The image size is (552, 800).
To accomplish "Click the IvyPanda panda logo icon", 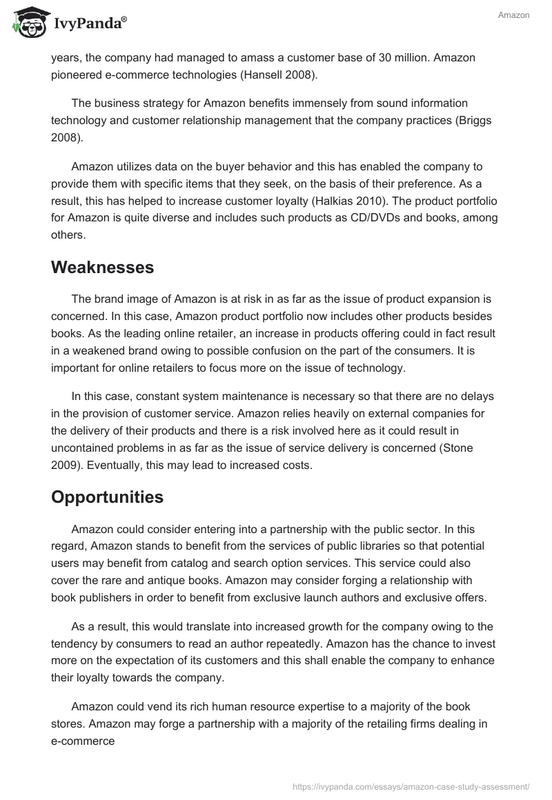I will [26, 23].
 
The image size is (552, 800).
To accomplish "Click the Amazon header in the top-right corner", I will [513, 15].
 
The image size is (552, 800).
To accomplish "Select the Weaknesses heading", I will [102, 268].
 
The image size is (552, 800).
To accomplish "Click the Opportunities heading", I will [107, 497].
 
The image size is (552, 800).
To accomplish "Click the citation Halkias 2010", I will [324, 201].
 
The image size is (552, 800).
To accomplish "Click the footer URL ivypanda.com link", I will [411, 786].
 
